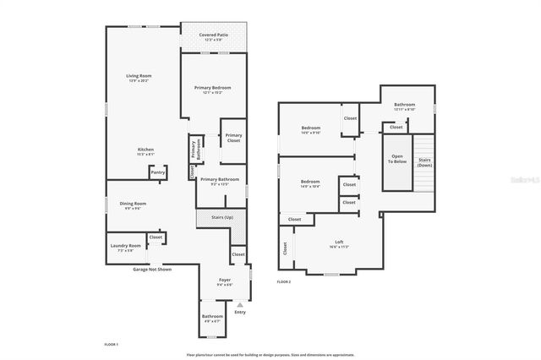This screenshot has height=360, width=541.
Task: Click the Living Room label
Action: point(138,76)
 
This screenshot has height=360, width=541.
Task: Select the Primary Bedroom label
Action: point(211,88)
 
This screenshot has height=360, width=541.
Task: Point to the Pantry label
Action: point(157,172)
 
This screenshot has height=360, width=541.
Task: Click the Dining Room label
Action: point(133,204)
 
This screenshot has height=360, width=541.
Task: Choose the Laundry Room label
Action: point(125,246)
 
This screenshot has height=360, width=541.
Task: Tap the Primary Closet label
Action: point(233,138)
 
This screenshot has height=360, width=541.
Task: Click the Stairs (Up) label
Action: point(221,217)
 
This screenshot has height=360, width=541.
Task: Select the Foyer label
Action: point(224,280)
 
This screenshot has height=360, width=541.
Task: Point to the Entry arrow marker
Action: point(240,304)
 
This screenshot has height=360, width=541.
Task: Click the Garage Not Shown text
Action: point(152,270)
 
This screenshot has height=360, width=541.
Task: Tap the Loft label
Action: point(337,243)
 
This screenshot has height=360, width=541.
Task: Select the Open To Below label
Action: point(397,161)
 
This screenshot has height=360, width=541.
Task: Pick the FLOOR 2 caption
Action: point(284,281)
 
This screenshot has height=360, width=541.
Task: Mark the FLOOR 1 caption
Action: point(111,345)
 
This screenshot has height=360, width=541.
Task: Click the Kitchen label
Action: point(146,150)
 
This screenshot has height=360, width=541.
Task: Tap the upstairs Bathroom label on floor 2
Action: point(404,105)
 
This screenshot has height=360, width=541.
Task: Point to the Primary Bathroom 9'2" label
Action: point(220,180)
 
